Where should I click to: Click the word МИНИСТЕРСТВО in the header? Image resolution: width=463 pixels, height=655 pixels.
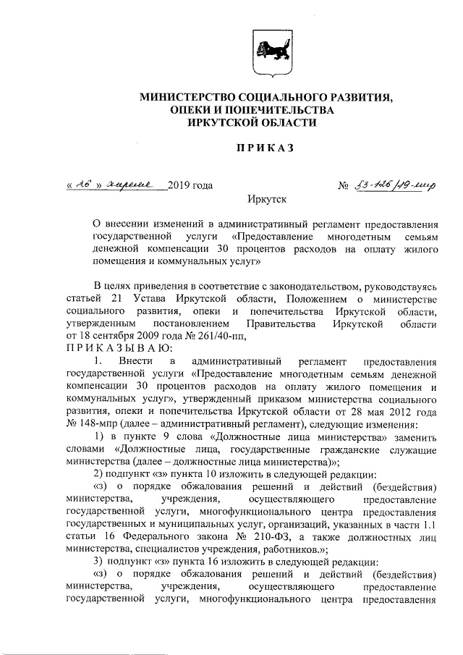pos(187,96)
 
